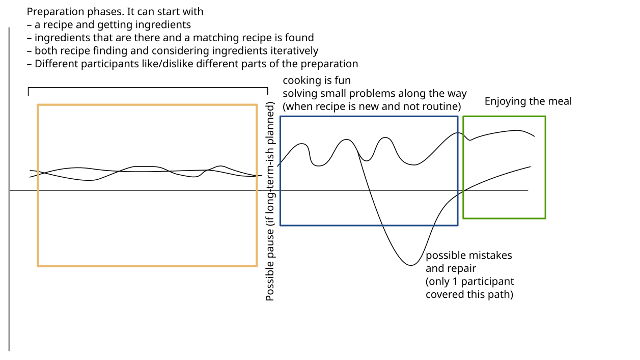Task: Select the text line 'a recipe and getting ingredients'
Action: tap(113, 25)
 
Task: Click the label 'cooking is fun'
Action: tap(317, 80)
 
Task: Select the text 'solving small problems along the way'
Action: tap(375, 93)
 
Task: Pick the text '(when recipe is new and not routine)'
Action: tap(372, 106)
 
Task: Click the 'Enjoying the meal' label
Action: tap(528, 102)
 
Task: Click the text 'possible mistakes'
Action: tap(469, 255)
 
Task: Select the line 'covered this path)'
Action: tap(469, 295)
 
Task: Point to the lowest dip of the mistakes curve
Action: tap(410, 265)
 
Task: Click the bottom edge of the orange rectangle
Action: tap(147, 266)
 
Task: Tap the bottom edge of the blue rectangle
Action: tap(369, 226)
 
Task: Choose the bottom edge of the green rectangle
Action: tap(504, 218)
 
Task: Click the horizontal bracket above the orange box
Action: tap(148, 88)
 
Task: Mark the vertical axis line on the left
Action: tap(9, 189)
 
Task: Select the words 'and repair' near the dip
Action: tap(451, 268)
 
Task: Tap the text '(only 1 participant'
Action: tap(470, 282)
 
